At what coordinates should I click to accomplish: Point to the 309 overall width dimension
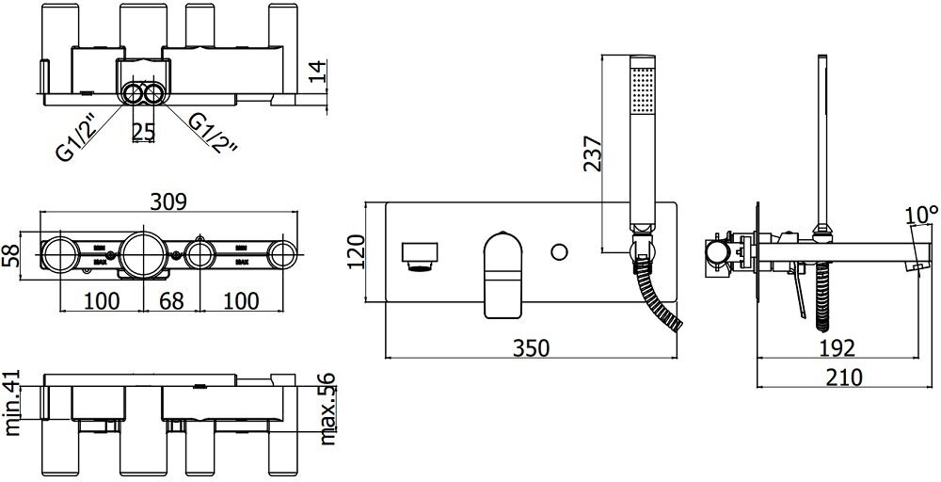169,201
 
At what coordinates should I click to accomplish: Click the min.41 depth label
12,403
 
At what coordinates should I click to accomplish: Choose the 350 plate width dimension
532,347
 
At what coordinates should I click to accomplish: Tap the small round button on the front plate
561,251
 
